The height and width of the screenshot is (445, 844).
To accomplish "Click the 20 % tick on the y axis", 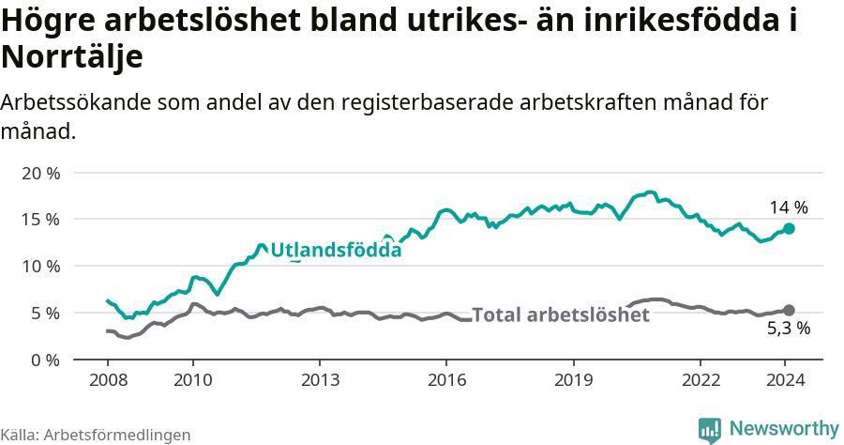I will pos(39,174).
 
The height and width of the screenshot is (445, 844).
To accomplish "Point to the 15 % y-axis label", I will pos(39,220).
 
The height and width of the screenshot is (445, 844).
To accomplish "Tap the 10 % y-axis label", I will pos(39,267).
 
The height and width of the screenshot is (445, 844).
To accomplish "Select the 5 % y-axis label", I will pos(44,313).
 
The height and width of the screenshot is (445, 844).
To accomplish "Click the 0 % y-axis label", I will pos(44,360).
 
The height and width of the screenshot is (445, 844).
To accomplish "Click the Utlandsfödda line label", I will pos(336,250).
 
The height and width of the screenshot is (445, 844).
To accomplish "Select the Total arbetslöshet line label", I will pos(561,315).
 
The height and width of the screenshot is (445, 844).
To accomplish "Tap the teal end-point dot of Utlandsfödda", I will pos(789,229).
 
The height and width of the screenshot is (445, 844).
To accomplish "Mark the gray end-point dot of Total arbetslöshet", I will pos(789,311).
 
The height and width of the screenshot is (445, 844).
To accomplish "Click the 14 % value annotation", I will pos(789,208).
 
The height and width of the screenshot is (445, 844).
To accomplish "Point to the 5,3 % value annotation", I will pos(788,330).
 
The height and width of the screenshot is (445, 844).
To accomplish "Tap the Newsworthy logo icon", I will pos(710,430).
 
